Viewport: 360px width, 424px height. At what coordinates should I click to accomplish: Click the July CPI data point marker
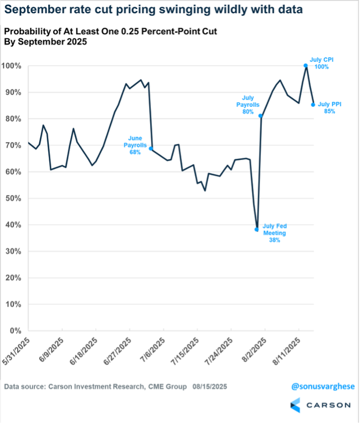(x=305, y=65)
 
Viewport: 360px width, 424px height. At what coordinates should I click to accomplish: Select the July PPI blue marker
(x=313, y=105)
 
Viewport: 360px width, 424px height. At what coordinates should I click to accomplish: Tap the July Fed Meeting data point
(x=257, y=229)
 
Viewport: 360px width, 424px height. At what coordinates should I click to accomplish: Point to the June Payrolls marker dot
(x=151, y=148)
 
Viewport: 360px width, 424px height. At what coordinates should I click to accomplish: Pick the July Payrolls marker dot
(x=260, y=116)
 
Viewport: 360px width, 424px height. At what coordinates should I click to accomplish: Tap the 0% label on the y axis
(x=14, y=331)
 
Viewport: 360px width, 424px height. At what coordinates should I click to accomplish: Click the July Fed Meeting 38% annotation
(x=274, y=233)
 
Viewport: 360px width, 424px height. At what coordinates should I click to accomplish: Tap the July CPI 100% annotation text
(x=321, y=63)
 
